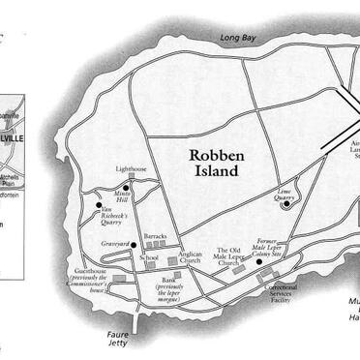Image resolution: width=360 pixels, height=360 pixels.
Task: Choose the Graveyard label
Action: point(115,244)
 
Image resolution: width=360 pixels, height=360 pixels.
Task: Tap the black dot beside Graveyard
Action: point(134,244)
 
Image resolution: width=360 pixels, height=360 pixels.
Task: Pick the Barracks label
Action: point(155,235)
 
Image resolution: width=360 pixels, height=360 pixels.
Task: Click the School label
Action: point(148,257)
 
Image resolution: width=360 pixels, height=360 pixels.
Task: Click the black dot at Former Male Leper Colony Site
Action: point(259,261)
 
